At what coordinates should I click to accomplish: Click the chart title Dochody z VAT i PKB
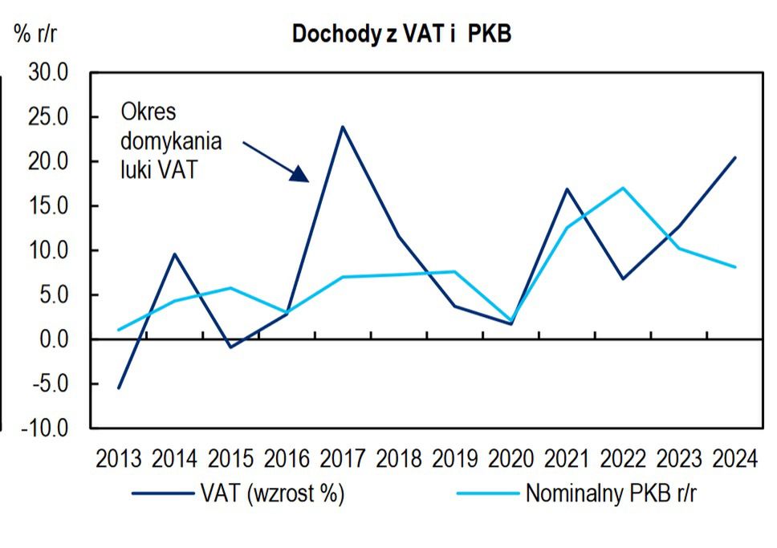click(x=401, y=35)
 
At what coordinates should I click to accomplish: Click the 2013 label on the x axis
click(x=119, y=459)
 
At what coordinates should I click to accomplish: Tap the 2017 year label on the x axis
click(x=344, y=459)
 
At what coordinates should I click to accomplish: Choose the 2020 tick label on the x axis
click(x=511, y=459)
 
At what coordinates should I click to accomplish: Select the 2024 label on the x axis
click(x=735, y=459)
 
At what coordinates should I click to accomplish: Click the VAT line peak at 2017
click(x=344, y=127)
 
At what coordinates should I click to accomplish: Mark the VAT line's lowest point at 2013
click(x=119, y=388)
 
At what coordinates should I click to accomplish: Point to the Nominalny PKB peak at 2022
click(x=623, y=188)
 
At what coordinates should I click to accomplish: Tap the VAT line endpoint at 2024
click(x=735, y=157)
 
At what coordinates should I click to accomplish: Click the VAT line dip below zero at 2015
click(x=231, y=347)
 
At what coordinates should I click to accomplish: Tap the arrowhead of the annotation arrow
click(x=300, y=175)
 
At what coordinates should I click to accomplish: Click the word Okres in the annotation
click(x=148, y=112)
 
